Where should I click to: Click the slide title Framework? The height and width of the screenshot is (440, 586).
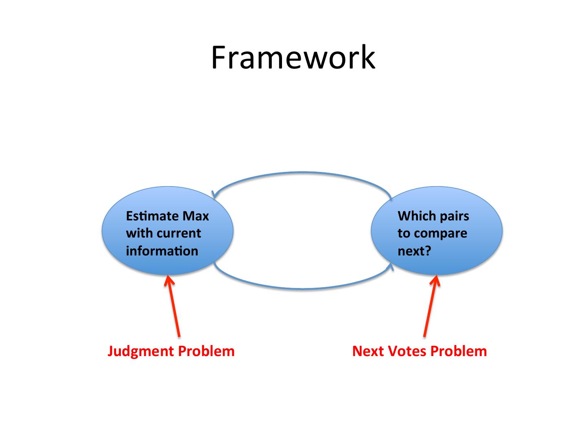point(293,57)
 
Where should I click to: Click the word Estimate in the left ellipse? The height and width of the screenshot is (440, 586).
point(152,216)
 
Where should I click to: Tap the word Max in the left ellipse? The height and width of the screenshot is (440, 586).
point(196,216)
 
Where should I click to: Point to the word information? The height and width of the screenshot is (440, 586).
point(162,251)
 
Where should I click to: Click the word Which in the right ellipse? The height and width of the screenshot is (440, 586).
point(417,216)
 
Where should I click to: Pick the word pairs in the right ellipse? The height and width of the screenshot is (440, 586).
point(455,216)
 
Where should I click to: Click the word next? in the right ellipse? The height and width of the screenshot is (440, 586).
point(414,251)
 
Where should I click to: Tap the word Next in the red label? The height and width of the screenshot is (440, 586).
point(368,351)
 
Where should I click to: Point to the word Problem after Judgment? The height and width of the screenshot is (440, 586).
point(206,351)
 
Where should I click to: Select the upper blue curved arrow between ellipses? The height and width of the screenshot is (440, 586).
point(302,173)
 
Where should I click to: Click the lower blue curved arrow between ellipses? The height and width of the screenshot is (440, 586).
point(303,288)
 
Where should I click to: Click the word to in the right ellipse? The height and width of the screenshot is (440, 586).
point(404,233)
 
